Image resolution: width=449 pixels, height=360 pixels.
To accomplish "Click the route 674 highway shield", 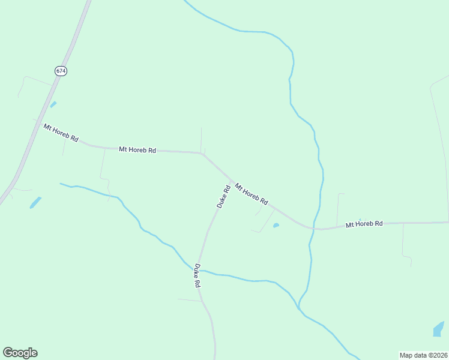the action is coord(61,71).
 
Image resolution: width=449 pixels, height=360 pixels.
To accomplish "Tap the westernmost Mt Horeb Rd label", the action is coord(61,133).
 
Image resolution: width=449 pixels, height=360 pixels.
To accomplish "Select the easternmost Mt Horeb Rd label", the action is coord(364,224).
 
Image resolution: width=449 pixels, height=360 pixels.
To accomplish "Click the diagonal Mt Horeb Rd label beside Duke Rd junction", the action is coord(252,194).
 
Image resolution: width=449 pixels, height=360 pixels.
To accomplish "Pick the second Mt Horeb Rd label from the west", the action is coord(137,149).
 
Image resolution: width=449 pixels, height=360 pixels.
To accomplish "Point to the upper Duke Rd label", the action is coord(223,197).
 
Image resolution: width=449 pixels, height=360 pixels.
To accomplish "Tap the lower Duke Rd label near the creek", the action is coord(196,275).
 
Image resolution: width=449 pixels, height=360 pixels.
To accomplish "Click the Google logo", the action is coord(20,353).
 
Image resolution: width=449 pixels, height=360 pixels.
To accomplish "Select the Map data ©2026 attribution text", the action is coord(423,355).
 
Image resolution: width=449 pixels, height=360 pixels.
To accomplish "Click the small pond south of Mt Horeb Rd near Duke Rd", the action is coord(276,226).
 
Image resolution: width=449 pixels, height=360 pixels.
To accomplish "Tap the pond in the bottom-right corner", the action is coord(438,329).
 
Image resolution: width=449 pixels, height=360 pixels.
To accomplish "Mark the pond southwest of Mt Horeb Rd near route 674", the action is coord(35,203).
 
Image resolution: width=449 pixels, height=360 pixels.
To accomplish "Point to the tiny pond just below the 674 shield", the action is coord(53,104).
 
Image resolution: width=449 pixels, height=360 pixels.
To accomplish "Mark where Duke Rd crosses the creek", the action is coord(200,270).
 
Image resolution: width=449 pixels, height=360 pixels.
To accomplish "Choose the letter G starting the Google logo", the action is coord(8,353).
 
